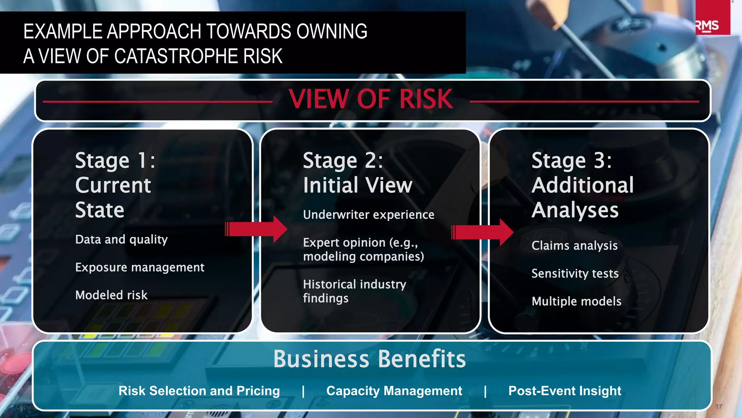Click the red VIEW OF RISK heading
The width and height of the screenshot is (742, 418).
(x=371, y=99)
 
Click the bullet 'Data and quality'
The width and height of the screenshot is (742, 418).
(x=121, y=239)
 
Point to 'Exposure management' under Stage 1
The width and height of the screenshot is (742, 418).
(x=140, y=267)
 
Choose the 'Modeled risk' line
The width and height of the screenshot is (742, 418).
(x=111, y=295)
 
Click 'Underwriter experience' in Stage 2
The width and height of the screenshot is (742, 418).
(x=368, y=215)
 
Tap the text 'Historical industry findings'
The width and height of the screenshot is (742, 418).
(x=354, y=291)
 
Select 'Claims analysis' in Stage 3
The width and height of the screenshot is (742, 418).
(x=575, y=246)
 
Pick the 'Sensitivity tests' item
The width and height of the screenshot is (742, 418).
(x=575, y=273)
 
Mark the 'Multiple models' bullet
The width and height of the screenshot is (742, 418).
(x=576, y=301)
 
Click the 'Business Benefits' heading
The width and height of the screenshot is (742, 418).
(x=370, y=359)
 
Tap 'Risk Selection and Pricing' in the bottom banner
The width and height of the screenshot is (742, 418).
(x=199, y=391)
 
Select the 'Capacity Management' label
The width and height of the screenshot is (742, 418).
(x=394, y=391)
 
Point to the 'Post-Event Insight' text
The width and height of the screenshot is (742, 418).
(x=565, y=391)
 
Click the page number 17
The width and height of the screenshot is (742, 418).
(x=719, y=407)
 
